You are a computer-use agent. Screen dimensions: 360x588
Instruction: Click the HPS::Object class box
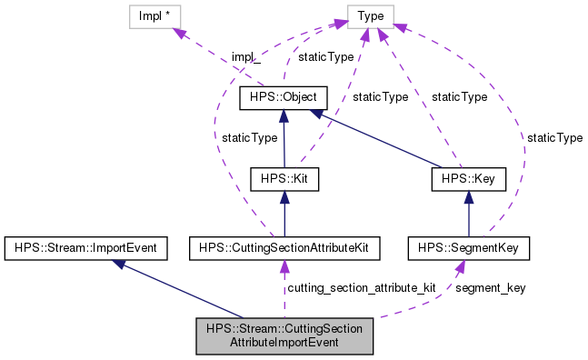click(x=283, y=97)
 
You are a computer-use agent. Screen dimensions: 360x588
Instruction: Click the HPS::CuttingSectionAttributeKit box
click(x=283, y=246)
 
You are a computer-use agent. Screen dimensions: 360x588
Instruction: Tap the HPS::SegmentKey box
click(x=467, y=246)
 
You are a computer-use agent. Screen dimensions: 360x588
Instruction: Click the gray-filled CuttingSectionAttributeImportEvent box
click(x=284, y=335)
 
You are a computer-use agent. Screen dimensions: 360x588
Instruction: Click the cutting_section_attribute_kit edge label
click(x=361, y=287)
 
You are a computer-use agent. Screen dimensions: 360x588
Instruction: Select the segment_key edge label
click(x=490, y=287)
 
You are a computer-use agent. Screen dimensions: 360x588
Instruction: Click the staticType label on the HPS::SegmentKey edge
click(x=554, y=137)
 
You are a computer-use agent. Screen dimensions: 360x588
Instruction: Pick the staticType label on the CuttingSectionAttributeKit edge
click(x=250, y=137)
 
